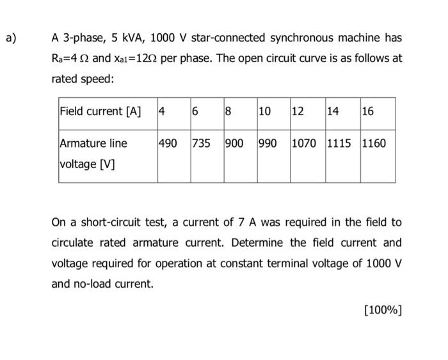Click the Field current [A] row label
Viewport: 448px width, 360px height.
[x=100, y=111]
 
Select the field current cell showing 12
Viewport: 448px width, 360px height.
[x=298, y=111]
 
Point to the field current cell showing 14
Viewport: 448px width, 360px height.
[x=333, y=111]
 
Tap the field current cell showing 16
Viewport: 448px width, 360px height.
[x=367, y=111]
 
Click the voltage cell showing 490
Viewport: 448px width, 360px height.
[x=168, y=143]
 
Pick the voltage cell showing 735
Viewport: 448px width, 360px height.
[x=202, y=143]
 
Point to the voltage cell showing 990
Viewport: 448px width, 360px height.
[x=268, y=143]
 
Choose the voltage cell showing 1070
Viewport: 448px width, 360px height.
[x=304, y=143]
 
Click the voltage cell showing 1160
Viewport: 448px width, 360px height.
[x=374, y=143]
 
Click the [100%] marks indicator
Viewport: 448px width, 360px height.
[x=382, y=311]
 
